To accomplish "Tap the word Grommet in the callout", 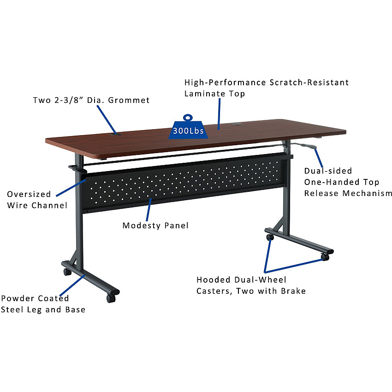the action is point(129,100).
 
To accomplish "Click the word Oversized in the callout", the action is point(29,194).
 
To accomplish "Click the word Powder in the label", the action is point(18,298).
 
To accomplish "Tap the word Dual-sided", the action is point(328,171).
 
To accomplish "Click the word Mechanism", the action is point(367,193).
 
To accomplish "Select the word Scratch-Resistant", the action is point(309,82).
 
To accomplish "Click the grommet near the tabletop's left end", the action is point(116,134).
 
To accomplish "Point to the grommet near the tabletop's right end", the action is point(236,124).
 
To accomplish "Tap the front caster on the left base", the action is point(111,298).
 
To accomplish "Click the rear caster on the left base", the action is point(67,272).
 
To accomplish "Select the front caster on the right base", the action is point(325,257).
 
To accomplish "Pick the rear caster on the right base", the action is point(270,237).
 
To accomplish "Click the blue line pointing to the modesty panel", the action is point(149,209).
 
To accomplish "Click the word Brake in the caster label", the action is point(293,291).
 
